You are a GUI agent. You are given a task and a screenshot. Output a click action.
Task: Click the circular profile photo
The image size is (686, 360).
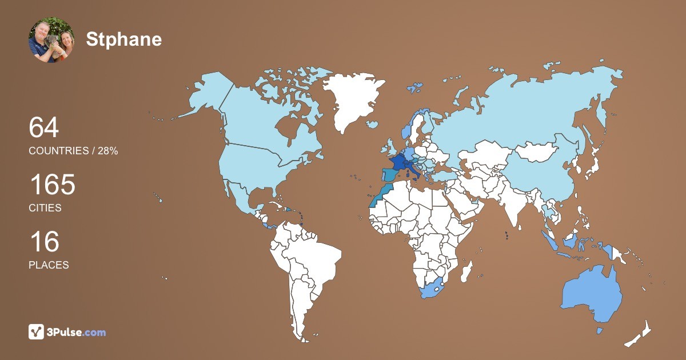(x=51, y=40)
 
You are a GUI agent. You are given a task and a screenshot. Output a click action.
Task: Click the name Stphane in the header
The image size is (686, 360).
(x=124, y=39)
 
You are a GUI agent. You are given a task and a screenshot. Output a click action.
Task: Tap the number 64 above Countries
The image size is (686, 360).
(x=44, y=127)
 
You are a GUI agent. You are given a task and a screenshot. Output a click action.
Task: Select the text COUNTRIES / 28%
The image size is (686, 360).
(x=73, y=151)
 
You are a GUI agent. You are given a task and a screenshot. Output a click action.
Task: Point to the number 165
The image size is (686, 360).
(x=52, y=185)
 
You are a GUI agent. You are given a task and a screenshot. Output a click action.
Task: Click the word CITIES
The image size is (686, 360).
(x=45, y=208)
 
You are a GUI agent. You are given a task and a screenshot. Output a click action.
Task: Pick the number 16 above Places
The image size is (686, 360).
(x=44, y=242)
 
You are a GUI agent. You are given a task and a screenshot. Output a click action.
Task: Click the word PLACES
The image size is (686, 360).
(x=49, y=265)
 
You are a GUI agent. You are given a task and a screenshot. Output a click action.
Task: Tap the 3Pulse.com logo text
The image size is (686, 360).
(x=77, y=332)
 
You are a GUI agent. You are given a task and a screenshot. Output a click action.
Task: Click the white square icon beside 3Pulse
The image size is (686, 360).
(x=37, y=332)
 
